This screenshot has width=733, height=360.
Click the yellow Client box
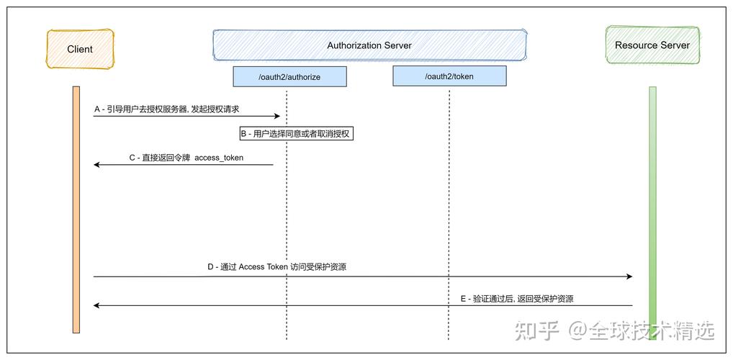click(x=80, y=49)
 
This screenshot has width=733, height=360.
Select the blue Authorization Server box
click(x=369, y=45)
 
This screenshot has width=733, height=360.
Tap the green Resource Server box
click(x=652, y=45)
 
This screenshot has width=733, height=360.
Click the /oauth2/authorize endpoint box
click(x=289, y=76)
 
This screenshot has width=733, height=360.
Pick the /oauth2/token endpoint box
click(x=449, y=76)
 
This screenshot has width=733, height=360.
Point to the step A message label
click(x=166, y=109)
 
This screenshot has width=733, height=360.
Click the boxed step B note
click(x=297, y=134)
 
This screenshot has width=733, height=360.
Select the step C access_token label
click(x=186, y=158)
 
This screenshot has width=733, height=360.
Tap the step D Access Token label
click(x=276, y=267)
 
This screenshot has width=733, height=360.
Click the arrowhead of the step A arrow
click(x=276, y=116)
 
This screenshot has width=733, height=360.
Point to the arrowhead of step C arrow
click(x=97, y=165)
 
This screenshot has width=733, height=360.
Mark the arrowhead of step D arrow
click(x=629, y=276)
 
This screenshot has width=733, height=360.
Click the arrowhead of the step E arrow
click(x=97, y=305)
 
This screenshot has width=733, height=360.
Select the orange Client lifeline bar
click(x=76, y=209)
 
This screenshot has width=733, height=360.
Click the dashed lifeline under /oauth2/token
click(x=449, y=216)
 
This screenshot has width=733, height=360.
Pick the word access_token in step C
click(x=219, y=158)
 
